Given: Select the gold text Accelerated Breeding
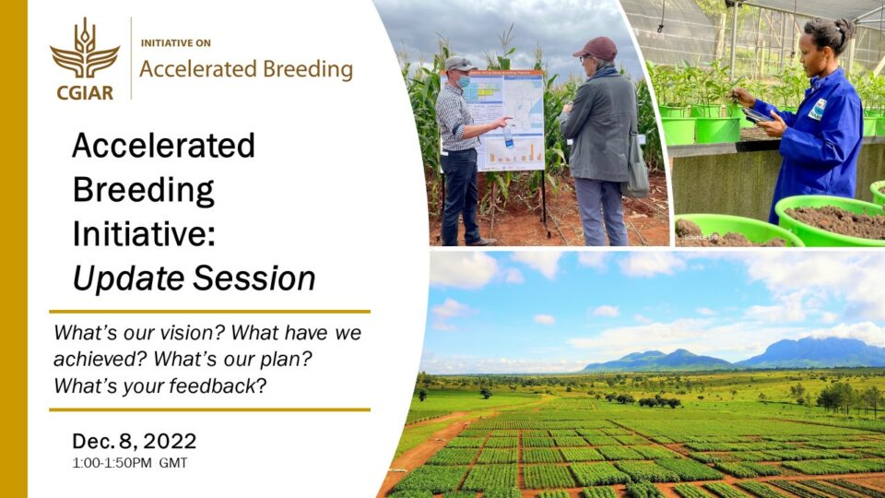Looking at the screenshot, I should [x=245, y=70].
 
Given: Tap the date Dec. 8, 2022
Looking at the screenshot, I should [x=135, y=441].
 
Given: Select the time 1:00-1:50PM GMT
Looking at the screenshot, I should [x=130, y=463].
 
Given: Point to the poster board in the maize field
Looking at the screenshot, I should [x=505, y=120].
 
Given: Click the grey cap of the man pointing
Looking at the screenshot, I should [x=457, y=64].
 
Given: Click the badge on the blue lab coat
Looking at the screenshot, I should [x=817, y=109].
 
